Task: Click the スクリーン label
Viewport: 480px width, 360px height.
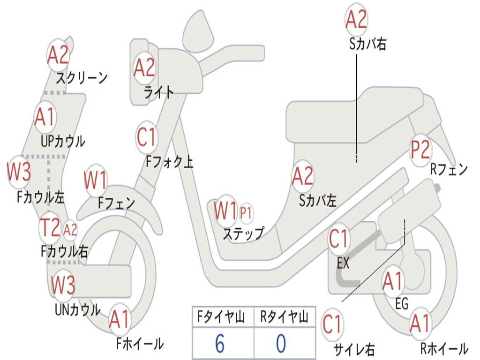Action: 82,77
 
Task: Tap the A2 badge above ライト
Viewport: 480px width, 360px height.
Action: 144,68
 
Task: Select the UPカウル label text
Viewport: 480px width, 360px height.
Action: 63,141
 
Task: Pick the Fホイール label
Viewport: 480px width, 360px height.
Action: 140,344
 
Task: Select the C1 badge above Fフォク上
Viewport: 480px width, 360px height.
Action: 146,137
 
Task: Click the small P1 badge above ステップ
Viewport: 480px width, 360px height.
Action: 246,213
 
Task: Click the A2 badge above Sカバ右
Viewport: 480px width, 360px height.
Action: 356,20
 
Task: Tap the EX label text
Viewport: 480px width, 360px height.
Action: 343,263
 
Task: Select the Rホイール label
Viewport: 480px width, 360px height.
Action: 444,349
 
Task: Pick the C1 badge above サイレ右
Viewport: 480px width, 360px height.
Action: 332,324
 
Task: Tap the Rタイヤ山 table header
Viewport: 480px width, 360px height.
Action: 284,318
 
